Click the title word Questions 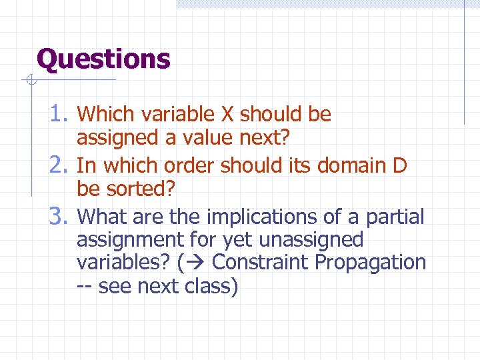pos(104,59)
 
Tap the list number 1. pos(61,115)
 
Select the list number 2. pos(61,165)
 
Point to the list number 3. pos(61,216)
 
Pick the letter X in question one pos(227,115)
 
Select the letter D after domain pos(399,165)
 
